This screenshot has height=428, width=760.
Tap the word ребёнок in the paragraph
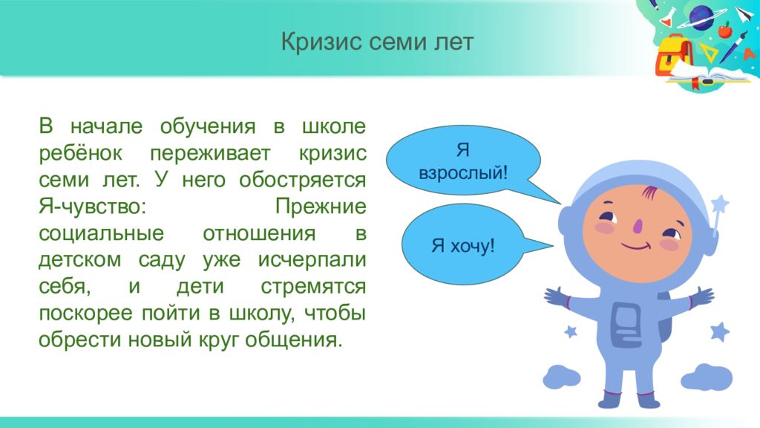[80, 153]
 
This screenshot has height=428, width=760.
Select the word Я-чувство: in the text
[92, 207]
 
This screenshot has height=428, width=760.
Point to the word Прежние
[321, 207]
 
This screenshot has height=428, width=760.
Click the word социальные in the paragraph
[101, 233]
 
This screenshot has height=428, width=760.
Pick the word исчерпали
[312, 261]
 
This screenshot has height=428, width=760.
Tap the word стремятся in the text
[313, 287]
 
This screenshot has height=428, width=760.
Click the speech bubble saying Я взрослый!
[463, 161]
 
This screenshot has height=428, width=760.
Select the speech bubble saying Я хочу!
[463, 244]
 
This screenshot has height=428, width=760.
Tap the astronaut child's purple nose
[638, 224]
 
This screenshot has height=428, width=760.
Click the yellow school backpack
[674, 56]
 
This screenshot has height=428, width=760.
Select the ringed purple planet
[702, 18]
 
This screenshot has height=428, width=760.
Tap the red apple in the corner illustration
[725, 30]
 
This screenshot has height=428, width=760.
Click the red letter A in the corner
[751, 53]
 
